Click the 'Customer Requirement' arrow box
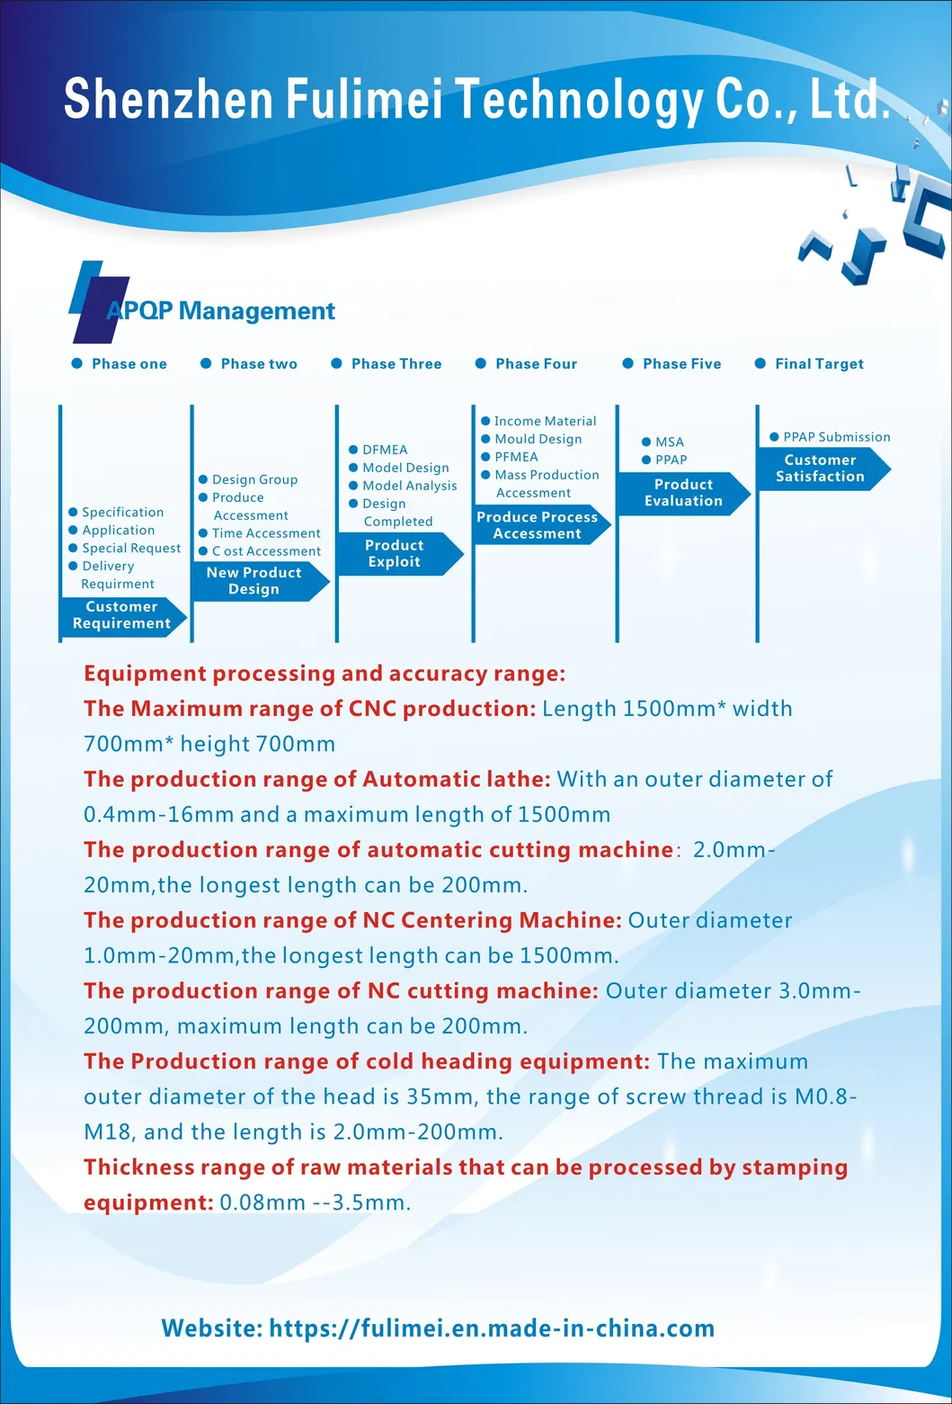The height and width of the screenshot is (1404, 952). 121,615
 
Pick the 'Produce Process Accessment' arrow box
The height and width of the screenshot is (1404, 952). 537,525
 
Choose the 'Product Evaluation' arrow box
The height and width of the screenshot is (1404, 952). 683,492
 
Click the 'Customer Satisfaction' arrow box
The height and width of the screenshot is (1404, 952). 820,468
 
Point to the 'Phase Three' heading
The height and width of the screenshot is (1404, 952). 396,363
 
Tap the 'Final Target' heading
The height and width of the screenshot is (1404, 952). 819,363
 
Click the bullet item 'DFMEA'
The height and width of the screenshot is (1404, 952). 385,450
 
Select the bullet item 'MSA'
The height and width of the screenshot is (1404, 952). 670,442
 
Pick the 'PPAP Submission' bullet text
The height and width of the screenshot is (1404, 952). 836,437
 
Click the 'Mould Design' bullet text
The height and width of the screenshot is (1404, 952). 538,439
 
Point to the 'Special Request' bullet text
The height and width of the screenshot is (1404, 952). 131,548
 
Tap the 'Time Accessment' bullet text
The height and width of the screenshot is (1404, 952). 266,533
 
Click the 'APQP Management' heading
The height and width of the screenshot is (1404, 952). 221,311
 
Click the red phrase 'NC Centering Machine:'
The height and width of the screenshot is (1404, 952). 493,920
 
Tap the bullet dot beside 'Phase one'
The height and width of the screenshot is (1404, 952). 76,363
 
